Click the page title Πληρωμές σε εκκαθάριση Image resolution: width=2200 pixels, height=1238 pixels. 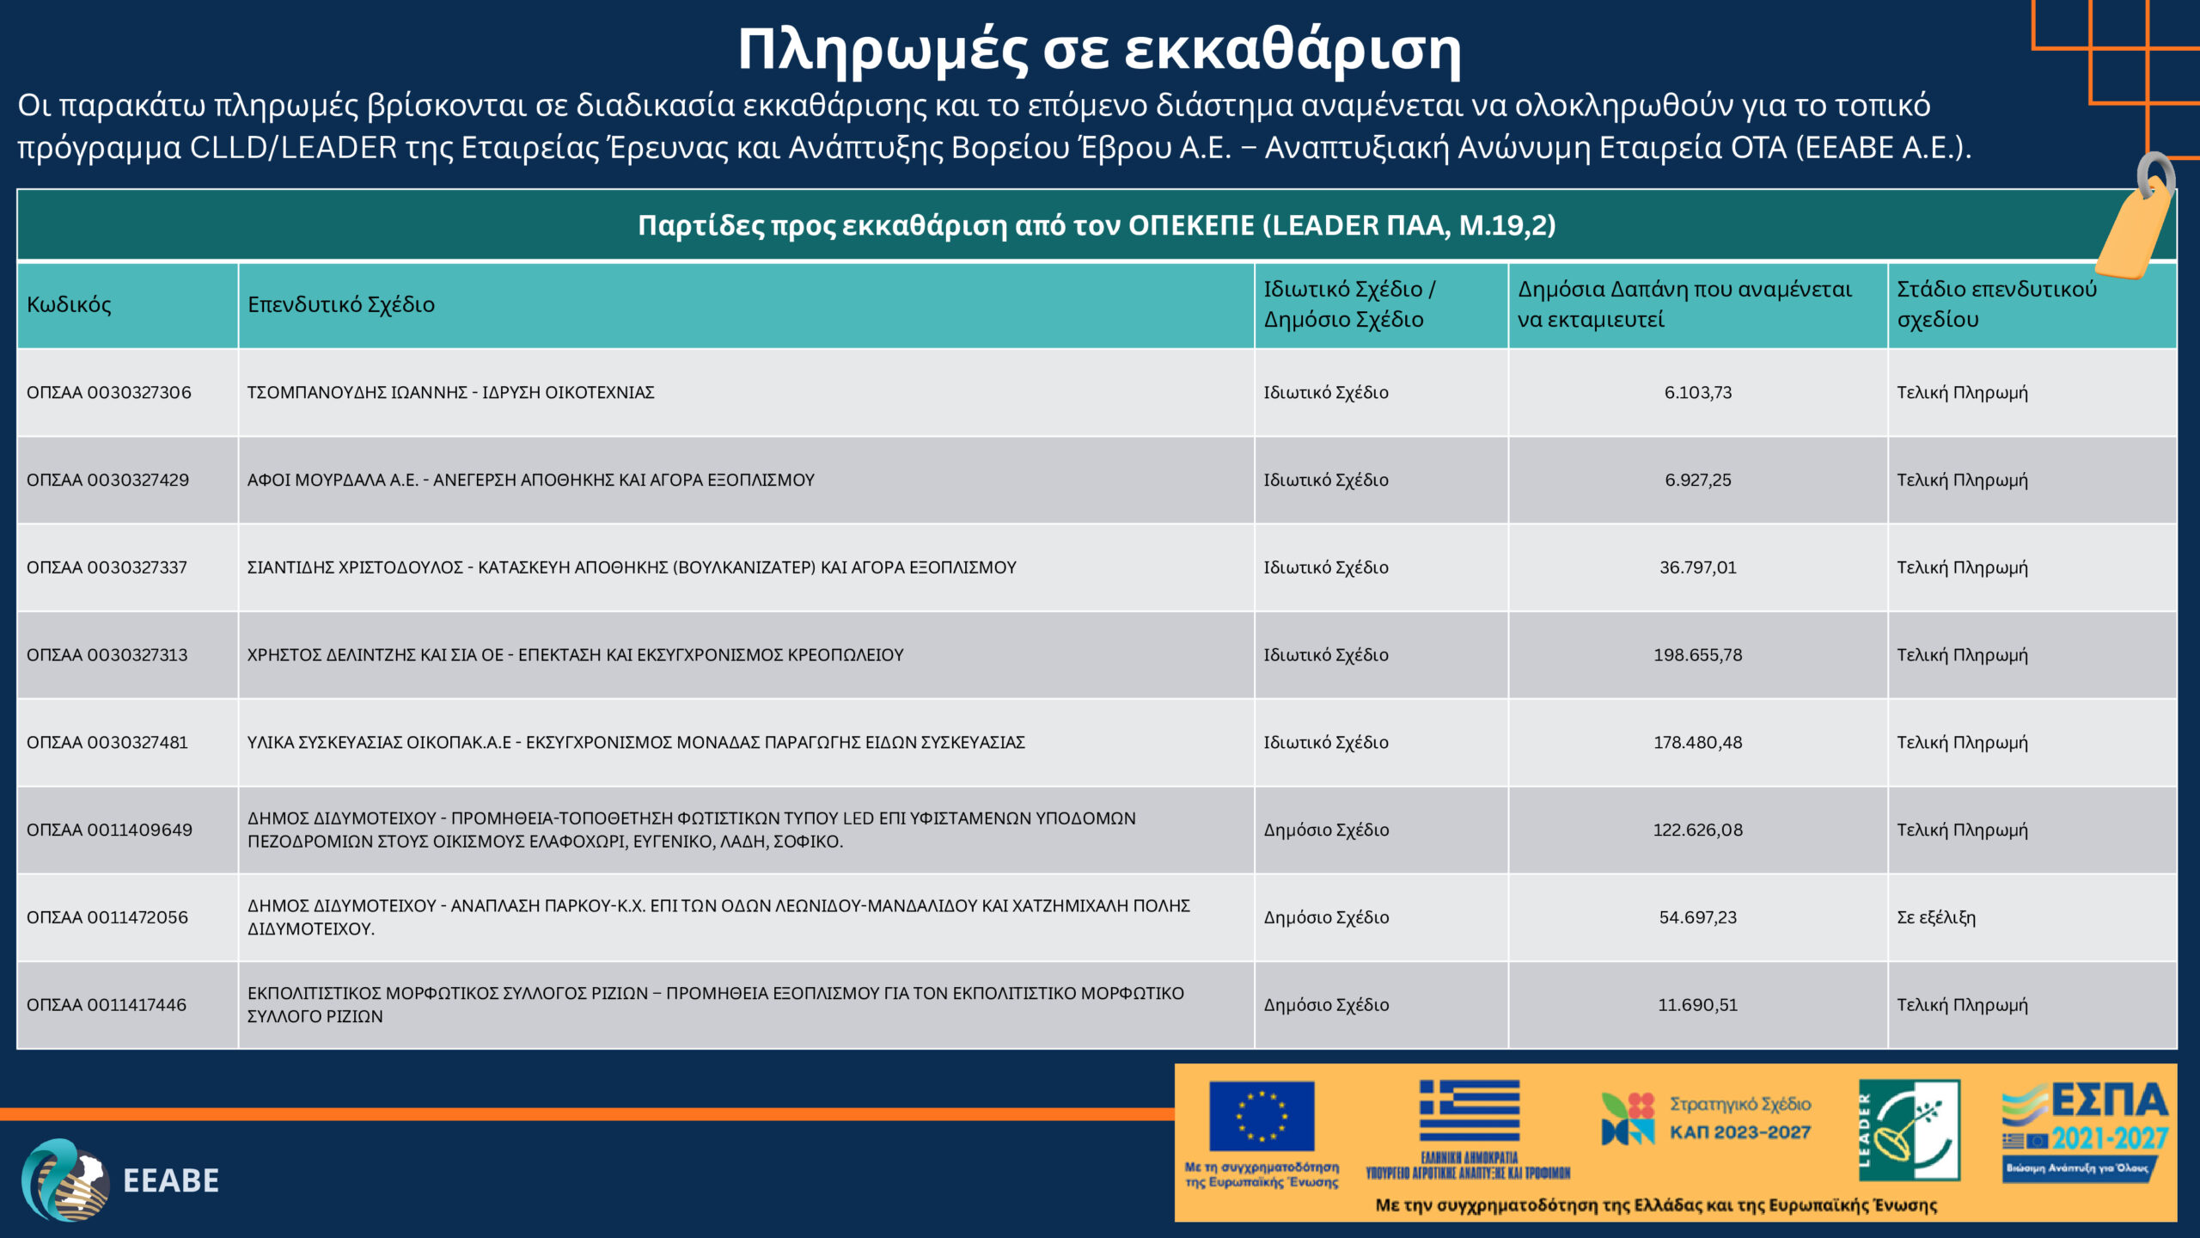(1099, 50)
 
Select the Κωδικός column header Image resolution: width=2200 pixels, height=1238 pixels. (69, 304)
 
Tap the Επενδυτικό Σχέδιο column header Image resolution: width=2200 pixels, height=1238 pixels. (341, 304)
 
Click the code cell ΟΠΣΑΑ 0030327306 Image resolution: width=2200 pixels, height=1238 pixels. (109, 393)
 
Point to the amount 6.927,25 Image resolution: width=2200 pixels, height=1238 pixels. (1697, 481)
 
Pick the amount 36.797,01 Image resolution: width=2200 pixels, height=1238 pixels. (1697, 567)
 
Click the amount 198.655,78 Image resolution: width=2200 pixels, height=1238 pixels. (1697, 655)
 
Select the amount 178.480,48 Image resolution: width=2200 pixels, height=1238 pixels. (1697, 743)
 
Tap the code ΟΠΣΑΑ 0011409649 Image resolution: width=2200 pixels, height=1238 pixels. (109, 830)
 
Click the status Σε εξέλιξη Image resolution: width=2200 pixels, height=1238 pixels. (1936, 917)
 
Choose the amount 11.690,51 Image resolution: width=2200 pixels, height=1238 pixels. (1697, 1005)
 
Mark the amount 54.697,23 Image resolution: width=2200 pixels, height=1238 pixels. (1697, 917)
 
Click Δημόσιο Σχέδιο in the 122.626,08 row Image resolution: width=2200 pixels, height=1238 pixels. (1326, 830)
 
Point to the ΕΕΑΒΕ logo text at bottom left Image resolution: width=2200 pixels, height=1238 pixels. (171, 1181)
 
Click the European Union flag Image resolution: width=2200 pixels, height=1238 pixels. (1261, 1116)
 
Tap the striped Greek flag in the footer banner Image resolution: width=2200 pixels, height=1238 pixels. (1469, 1110)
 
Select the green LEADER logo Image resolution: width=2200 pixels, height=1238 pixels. (1909, 1130)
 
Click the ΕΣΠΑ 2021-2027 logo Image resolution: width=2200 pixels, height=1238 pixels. (2085, 1130)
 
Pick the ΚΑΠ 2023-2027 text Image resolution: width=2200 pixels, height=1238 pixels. (1739, 1132)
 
